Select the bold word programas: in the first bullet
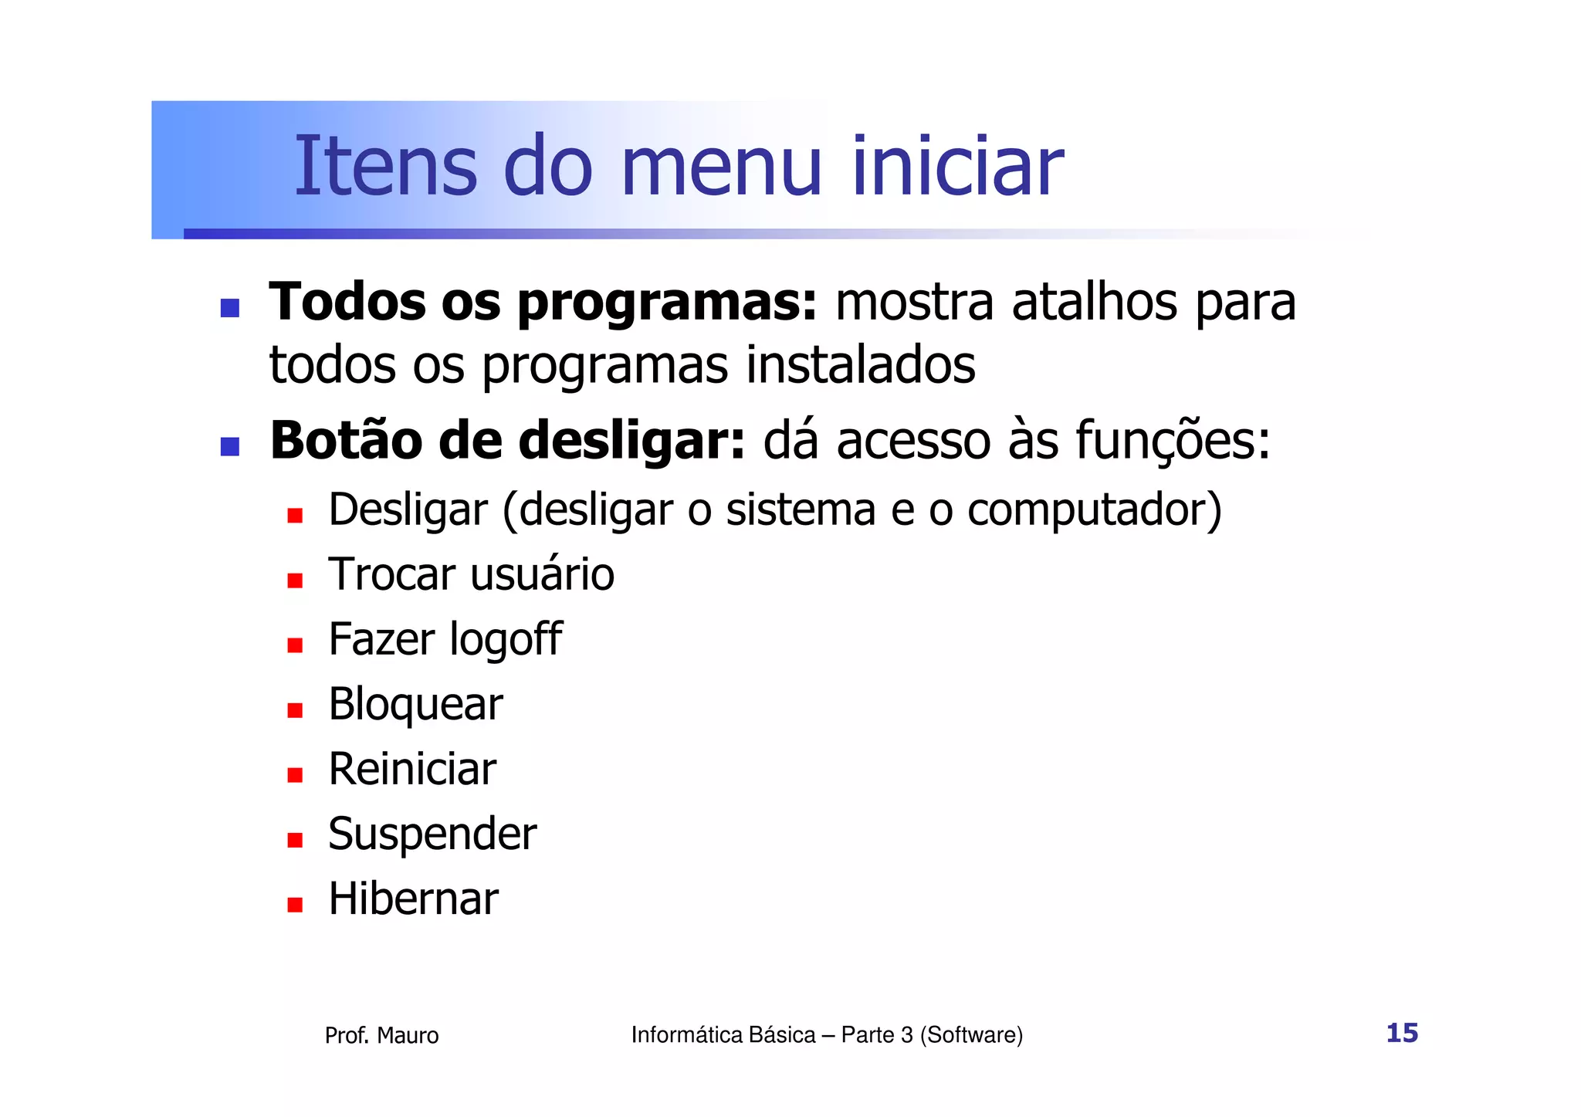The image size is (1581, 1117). point(667,303)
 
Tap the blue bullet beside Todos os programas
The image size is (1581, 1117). point(229,309)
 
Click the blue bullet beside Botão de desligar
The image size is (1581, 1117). point(229,446)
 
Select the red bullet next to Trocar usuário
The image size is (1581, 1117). point(294,581)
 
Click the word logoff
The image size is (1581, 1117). point(505,640)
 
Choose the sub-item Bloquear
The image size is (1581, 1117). point(415,705)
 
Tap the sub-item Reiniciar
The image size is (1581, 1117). point(412,769)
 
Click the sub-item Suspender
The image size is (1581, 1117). point(432,834)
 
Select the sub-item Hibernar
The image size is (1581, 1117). point(413,899)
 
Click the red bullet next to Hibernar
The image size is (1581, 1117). point(294,905)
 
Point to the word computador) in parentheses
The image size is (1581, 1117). point(1095,510)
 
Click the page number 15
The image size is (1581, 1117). point(1402,1033)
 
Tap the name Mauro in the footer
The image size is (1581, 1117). point(408,1035)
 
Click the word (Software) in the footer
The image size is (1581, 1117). point(971,1034)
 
